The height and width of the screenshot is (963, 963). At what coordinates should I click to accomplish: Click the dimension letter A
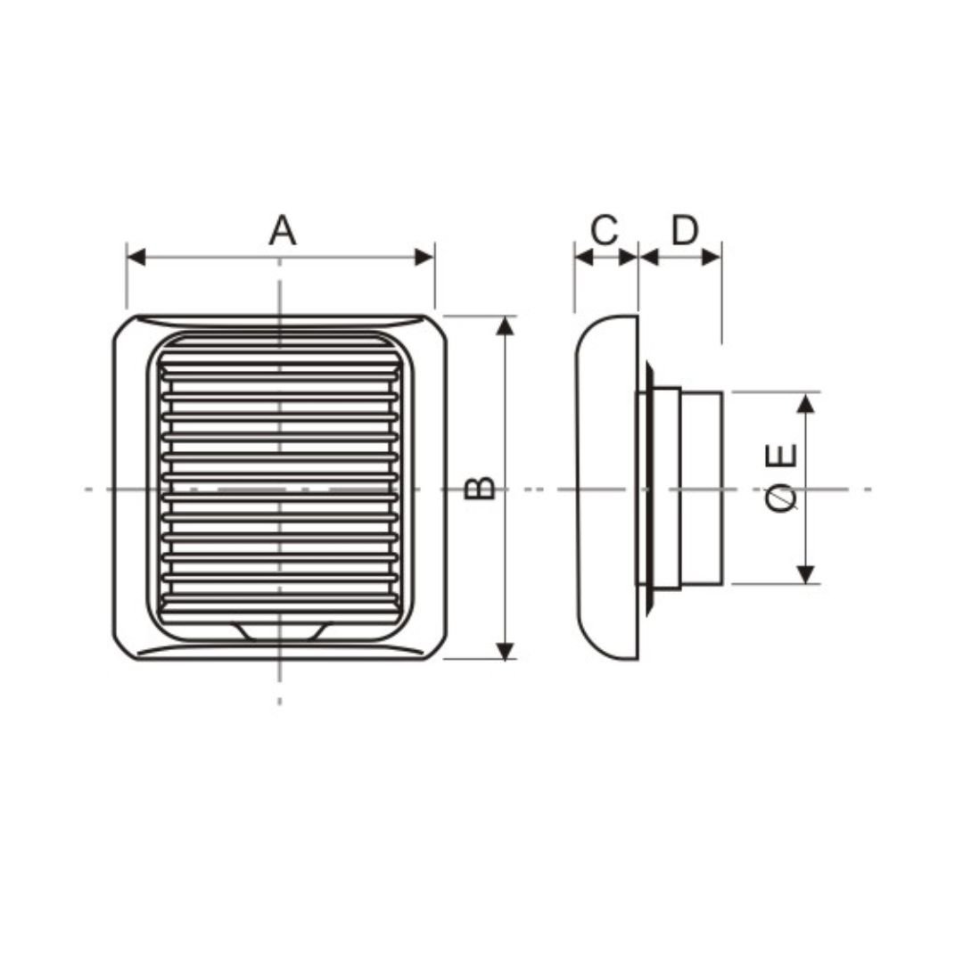pos(283,230)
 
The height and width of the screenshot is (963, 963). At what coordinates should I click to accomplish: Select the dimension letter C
pos(604,230)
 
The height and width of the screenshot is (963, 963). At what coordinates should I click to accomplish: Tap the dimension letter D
pos(684,230)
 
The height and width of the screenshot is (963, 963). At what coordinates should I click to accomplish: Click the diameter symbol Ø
pos(782,497)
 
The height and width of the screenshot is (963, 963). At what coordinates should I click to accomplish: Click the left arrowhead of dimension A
pos(136,258)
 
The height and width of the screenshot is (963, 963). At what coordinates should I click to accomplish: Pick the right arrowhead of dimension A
pos(425,258)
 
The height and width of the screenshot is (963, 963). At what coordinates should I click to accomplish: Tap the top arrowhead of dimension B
pos(505,326)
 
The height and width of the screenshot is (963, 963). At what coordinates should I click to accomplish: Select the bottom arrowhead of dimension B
pos(505,650)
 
